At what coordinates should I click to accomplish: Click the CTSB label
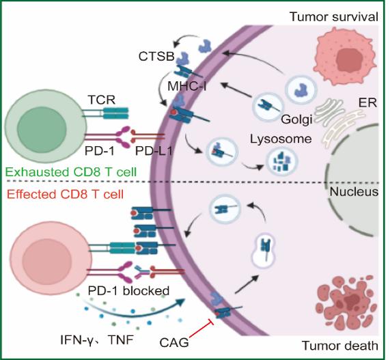click(156, 56)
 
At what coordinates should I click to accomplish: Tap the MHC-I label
click(186, 87)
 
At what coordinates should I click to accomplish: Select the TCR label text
click(102, 100)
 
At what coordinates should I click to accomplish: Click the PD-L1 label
click(154, 150)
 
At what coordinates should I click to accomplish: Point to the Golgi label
click(296, 120)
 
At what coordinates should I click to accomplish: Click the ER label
click(367, 102)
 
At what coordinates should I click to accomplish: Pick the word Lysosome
click(281, 139)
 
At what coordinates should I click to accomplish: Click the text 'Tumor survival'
click(334, 17)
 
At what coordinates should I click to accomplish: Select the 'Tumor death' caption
click(340, 346)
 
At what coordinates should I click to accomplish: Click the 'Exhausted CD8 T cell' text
click(71, 172)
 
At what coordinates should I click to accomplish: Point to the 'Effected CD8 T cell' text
click(65, 194)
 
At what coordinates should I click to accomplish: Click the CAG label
click(174, 343)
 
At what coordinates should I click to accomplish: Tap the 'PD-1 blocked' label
click(128, 290)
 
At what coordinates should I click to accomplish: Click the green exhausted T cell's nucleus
click(42, 127)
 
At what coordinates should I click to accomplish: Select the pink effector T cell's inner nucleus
click(47, 262)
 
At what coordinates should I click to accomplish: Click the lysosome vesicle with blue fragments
click(282, 161)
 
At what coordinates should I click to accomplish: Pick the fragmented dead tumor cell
click(346, 302)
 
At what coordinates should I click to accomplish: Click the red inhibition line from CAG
click(201, 329)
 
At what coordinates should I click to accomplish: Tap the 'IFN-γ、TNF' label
click(97, 340)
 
